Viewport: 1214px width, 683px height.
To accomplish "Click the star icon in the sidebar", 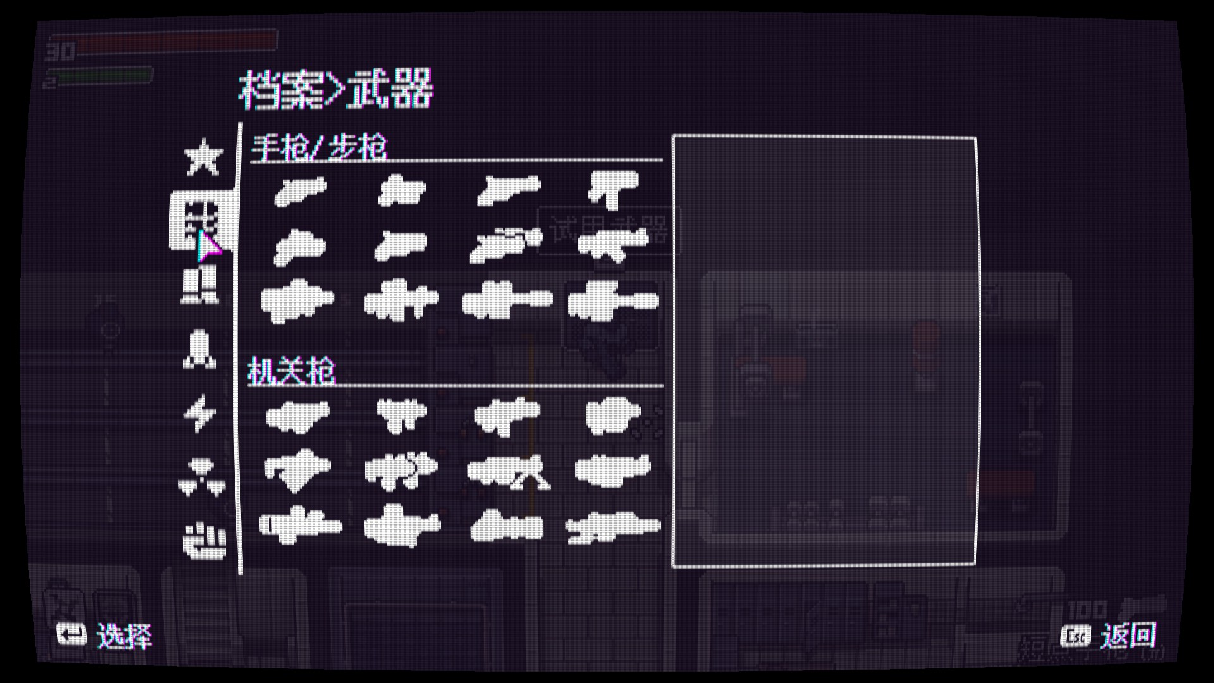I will click(x=203, y=157).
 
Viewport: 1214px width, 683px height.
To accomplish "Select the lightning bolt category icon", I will click(x=200, y=413).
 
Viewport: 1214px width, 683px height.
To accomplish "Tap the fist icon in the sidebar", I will click(x=204, y=541).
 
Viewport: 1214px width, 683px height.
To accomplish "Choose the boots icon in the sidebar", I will click(x=200, y=285).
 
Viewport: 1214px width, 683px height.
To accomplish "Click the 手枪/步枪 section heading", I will click(x=319, y=148).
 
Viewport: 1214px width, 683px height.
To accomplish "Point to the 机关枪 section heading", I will click(x=291, y=371).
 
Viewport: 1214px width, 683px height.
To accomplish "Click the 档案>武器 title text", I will click(x=336, y=90).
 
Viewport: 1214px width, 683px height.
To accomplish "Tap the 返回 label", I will click(x=1128, y=636).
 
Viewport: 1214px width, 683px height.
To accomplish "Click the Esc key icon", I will click(x=1076, y=636).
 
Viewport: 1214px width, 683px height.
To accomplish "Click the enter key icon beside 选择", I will click(x=71, y=634).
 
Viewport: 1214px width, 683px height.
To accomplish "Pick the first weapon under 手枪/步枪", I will click(x=300, y=190).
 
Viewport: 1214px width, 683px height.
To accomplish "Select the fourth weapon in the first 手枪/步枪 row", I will click(x=612, y=188).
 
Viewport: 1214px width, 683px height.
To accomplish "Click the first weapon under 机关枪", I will click(x=298, y=415).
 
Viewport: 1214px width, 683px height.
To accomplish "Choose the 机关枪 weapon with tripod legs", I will click(x=508, y=472).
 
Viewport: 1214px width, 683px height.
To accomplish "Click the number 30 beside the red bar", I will click(x=60, y=51).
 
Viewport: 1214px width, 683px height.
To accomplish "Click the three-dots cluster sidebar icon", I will click(x=202, y=477).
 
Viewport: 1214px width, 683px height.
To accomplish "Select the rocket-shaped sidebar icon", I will click(x=199, y=349).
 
